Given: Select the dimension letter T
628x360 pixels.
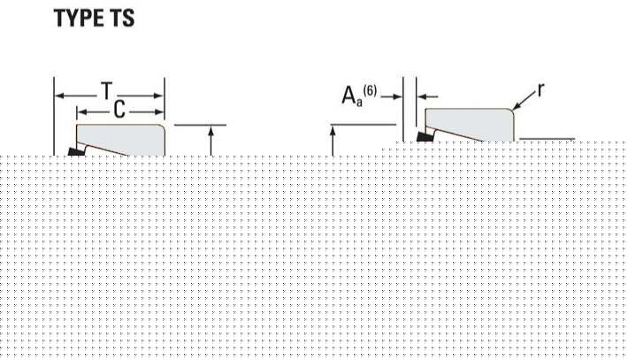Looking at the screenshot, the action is point(106,91).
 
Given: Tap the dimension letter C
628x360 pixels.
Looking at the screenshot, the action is point(119,110).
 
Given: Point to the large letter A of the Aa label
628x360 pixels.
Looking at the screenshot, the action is point(348,96).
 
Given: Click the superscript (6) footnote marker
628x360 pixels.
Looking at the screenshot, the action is point(370,92).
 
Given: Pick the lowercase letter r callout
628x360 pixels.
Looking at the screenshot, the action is point(540,90).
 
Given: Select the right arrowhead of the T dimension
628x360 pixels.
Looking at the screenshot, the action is point(159,96).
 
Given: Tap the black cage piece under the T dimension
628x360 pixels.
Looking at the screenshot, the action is point(75,151).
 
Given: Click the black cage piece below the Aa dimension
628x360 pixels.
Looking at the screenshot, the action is point(425,136).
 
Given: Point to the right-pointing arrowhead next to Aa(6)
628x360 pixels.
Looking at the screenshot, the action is point(397,96).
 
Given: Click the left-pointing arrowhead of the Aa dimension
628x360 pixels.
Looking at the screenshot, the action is point(422,96).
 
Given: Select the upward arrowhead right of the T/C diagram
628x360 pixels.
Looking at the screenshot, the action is point(211,131).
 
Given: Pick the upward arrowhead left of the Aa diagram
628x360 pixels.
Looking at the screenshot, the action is point(333,131).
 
